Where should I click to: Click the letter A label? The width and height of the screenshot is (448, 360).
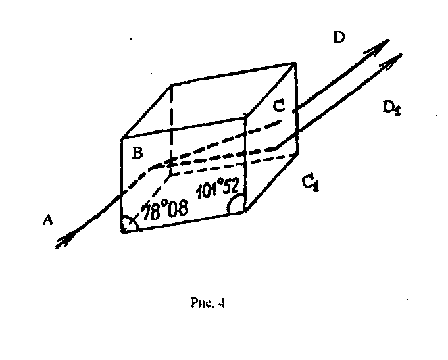pos(47,221)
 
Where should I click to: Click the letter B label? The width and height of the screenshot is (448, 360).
pos(137,154)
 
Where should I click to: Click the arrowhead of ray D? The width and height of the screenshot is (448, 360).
pos(381,45)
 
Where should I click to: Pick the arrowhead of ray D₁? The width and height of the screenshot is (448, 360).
pos(395,58)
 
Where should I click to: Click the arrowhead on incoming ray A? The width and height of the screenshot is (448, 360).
pos(64,241)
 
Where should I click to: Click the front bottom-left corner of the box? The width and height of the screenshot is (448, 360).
pos(122,232)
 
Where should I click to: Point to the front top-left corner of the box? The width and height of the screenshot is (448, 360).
pos(122,138)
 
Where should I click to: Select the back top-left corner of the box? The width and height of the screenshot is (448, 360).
pos(171,84)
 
